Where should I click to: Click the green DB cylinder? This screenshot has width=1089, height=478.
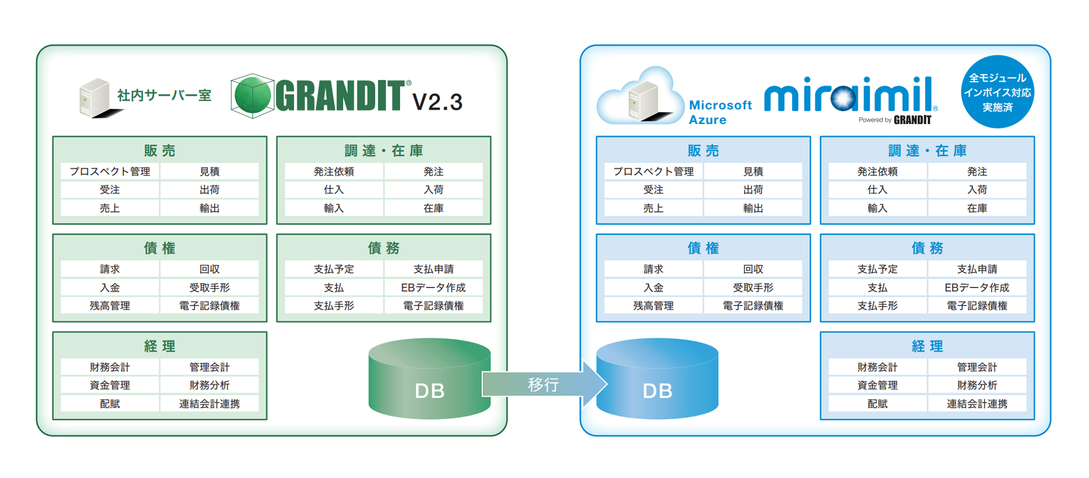point(429,379)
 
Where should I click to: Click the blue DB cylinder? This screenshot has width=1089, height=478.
point(657,379)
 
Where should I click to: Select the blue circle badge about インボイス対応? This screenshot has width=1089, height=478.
point(997,92)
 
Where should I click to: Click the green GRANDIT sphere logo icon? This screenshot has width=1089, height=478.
point(252,96)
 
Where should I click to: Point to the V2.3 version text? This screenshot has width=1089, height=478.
point(437,102)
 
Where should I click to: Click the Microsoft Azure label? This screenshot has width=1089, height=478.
point(719,112)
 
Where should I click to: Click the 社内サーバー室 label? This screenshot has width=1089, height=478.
point(164,95)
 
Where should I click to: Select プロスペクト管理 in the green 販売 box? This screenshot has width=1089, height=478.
point(110,171)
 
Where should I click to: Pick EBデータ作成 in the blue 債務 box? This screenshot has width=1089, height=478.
point(976,287)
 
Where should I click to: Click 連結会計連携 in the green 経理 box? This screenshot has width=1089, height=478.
point(209,404)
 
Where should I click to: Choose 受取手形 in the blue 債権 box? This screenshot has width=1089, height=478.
point(753,287)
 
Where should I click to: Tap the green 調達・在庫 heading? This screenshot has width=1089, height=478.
point(384,151)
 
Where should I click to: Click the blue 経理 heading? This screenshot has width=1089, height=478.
point(927,346)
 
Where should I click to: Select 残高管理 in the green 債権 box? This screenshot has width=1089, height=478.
point(110,306)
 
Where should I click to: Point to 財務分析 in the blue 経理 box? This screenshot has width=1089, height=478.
point(976,385)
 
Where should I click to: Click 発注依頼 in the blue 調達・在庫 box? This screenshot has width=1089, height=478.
point(877,171)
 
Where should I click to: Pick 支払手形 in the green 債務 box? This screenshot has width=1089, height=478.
point(333,306)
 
